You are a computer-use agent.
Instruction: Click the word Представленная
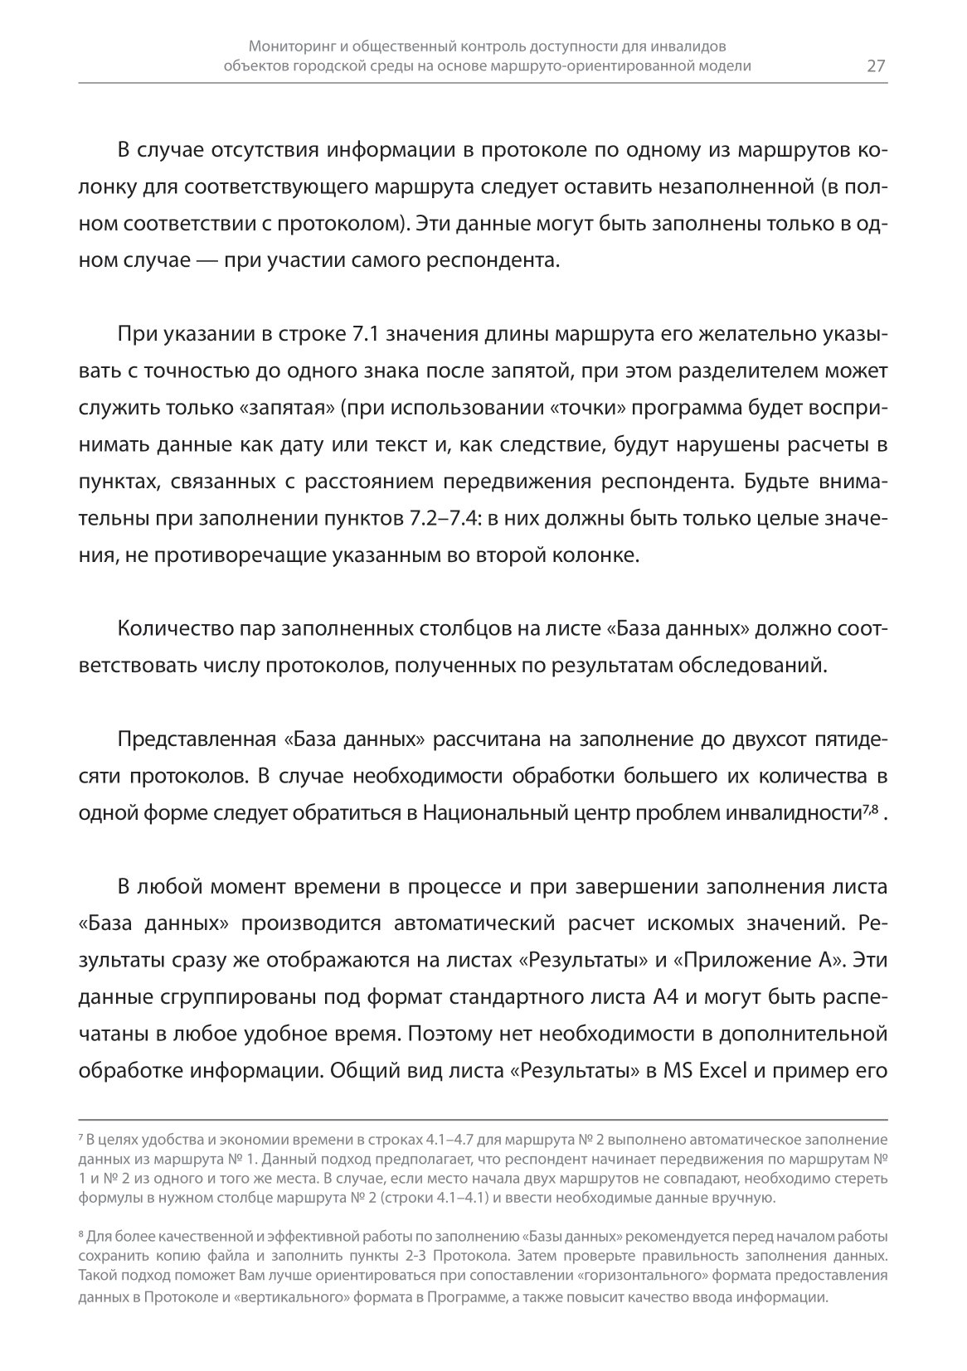pos(195,739)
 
